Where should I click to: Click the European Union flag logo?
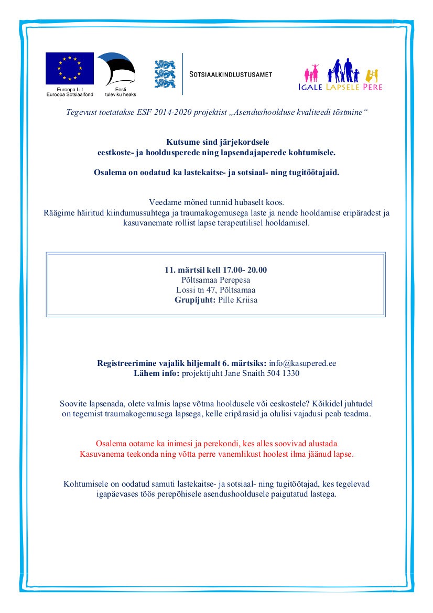click(x=69, y=68)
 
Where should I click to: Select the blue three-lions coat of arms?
click(x=165, y=74)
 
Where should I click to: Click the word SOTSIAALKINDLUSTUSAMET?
click(x=231, y=74)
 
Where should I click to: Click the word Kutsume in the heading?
click(x=181, y=142)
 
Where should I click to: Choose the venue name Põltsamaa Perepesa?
click(x=215, y=280)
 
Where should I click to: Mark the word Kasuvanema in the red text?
click(x=100, y=454)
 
